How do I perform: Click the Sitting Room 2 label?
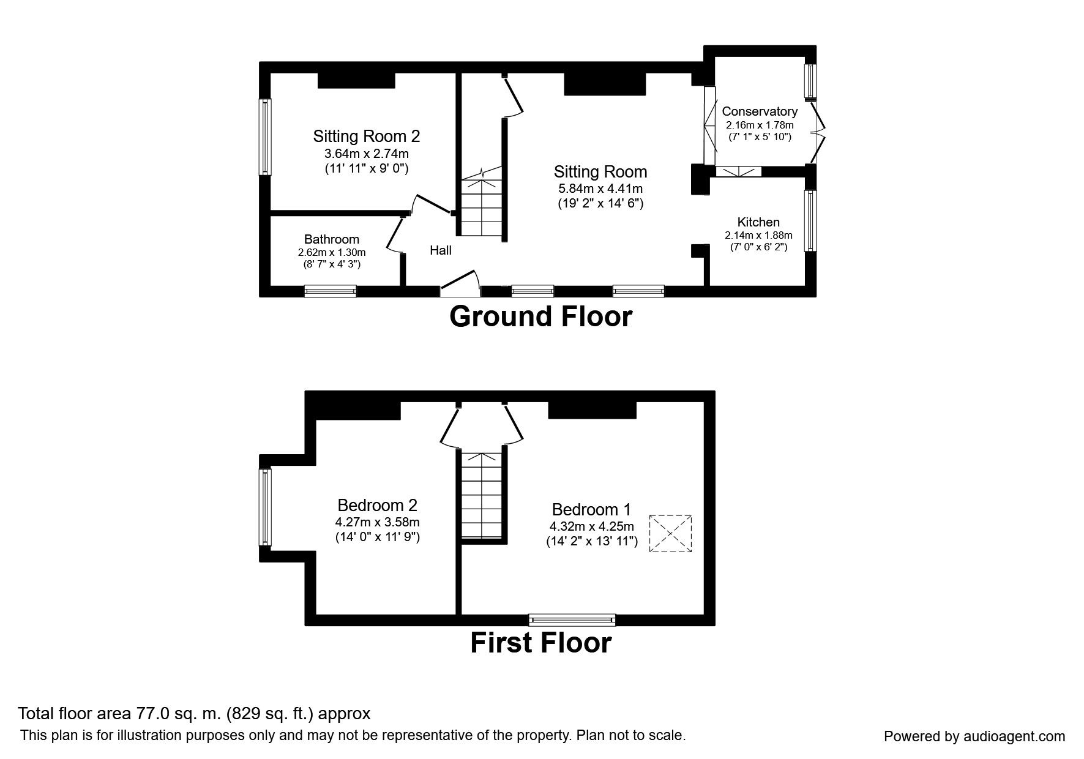pos(367,136)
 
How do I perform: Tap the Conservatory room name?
pos(760,111)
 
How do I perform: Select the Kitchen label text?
pos(758,222)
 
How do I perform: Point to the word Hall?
pos(441,250)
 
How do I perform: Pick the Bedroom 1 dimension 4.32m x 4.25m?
pos(591,526)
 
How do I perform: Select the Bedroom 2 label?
pos(378,506)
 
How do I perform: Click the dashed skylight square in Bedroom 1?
pos(670,534)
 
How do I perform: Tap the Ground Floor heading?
pos(541,317)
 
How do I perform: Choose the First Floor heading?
pos(541,643)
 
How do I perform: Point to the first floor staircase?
pos(483,495)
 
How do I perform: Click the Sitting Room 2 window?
pos(265,137)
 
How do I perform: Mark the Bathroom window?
pos(331,291)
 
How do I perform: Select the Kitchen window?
pos(811,220)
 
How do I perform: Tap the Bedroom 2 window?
pos(265,507)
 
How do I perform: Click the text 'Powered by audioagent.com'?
pos(974,736)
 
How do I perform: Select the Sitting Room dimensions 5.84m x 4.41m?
pos(600,189)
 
